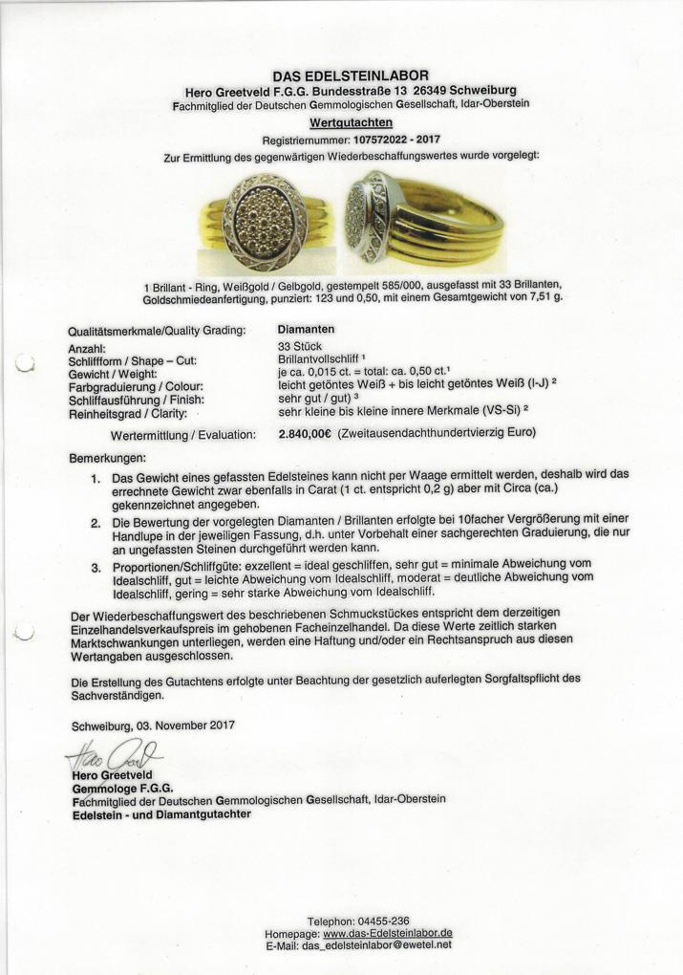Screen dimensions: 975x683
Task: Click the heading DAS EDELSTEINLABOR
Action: [x=351, y=76]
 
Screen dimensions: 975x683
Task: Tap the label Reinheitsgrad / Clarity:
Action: [x=127, y=414]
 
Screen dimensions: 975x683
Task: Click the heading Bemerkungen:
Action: [x=108, y=458]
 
